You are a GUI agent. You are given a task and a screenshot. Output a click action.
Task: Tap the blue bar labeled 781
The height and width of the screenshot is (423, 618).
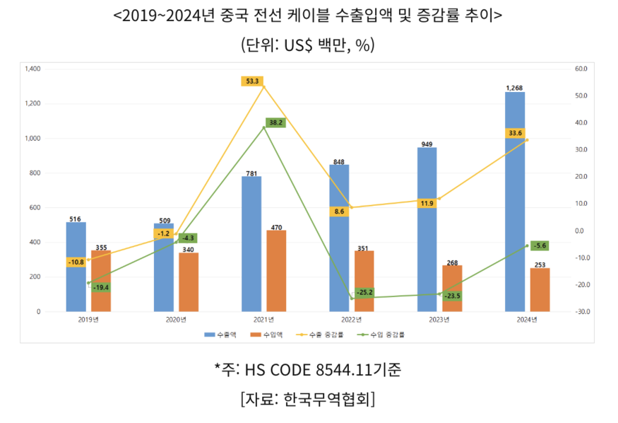(x=251, y=243)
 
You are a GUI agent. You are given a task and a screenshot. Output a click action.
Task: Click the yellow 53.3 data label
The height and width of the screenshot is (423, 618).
(x=251, y=81)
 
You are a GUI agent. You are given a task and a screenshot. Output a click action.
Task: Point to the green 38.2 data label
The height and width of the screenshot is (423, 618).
(x=275, y=122)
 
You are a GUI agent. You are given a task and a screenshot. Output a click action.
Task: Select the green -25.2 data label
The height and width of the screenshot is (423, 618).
(x=364, y=291)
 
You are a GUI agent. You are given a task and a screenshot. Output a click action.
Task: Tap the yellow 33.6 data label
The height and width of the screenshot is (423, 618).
(x=515, y=133)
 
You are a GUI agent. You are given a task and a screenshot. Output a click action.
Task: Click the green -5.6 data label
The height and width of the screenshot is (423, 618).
(x=540, y=245)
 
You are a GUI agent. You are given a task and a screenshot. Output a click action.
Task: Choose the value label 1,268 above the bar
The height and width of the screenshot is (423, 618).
(x=515, y=88)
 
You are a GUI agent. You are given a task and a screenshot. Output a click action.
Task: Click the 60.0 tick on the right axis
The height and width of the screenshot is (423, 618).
(x=581, y=69)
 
